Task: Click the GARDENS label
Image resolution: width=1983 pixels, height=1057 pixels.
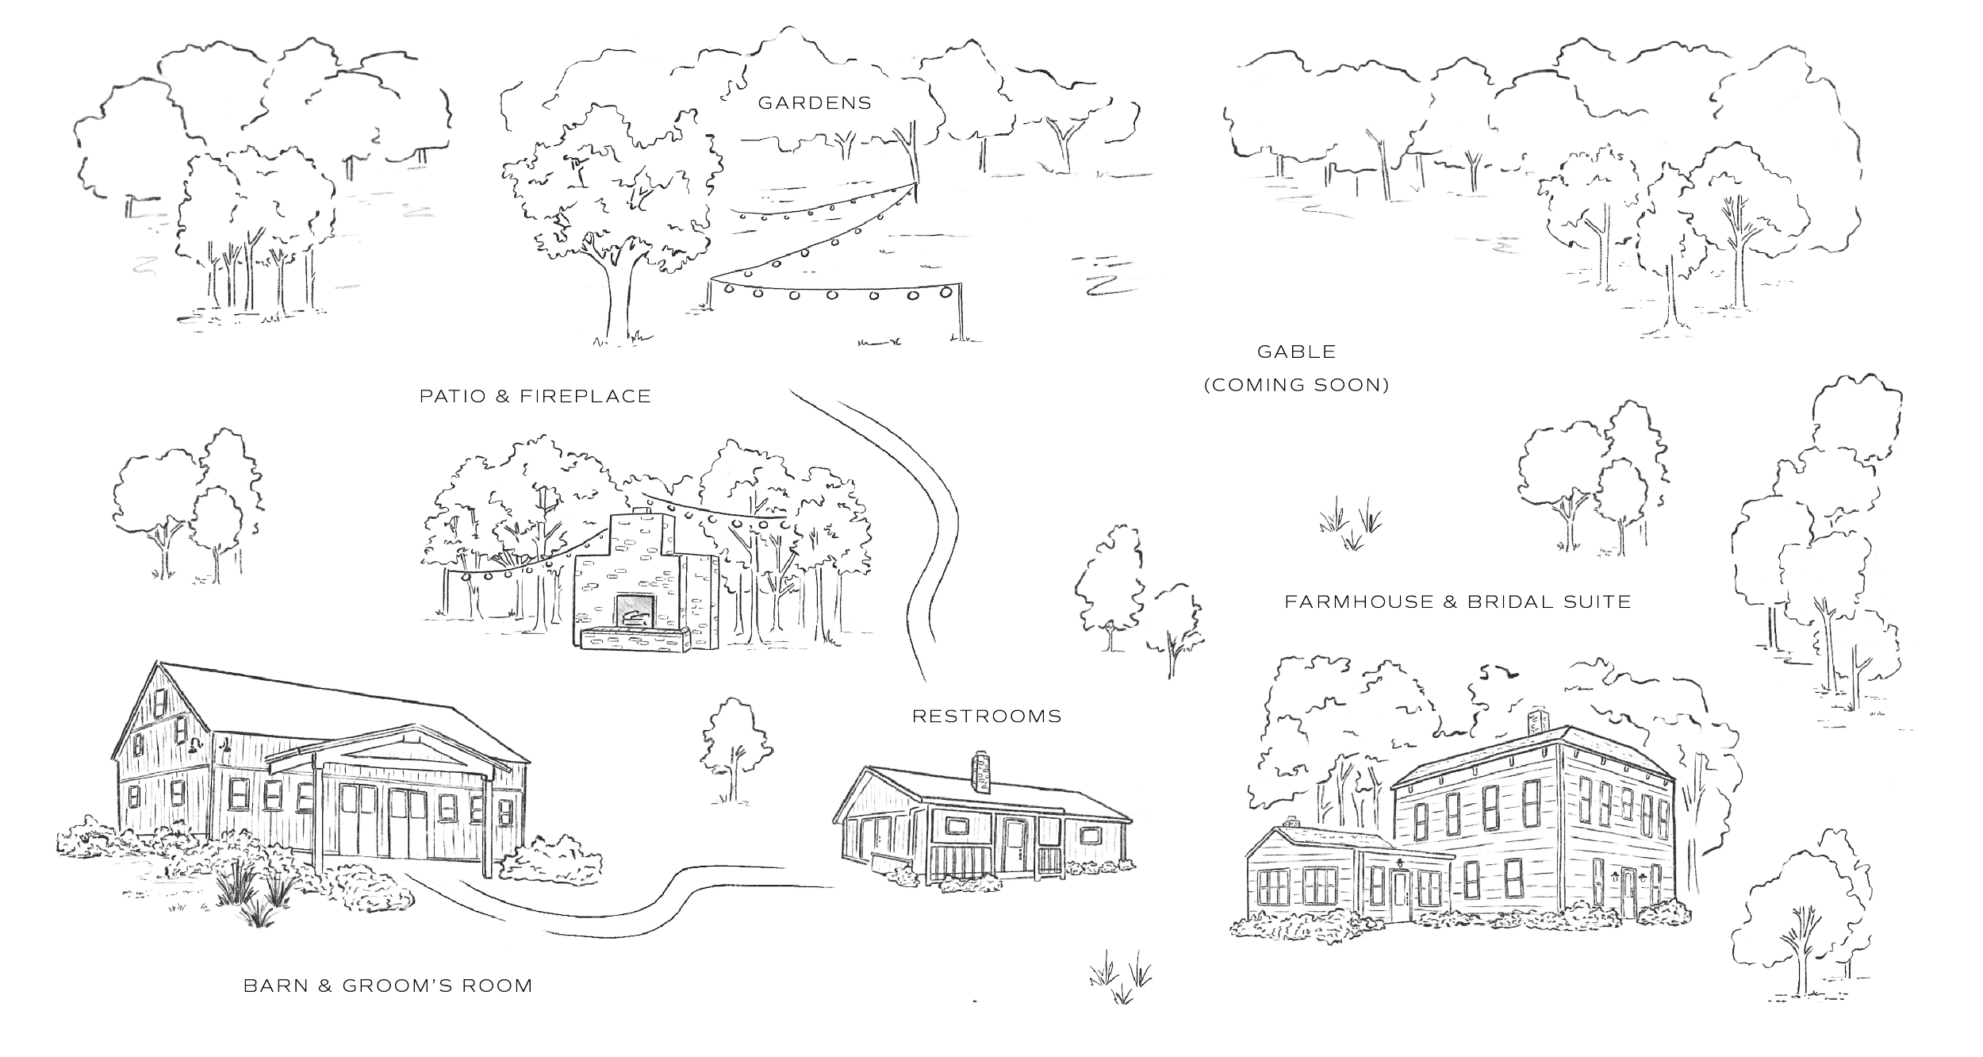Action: (815, 102)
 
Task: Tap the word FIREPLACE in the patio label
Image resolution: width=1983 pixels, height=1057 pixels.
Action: (585, 395)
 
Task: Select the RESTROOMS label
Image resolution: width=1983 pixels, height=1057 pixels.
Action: (986, 717)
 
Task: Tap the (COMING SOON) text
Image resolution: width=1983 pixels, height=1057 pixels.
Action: (1296, 386)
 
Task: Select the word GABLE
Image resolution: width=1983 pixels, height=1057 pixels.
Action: (1297, 351)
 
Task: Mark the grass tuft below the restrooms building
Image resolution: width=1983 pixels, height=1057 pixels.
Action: (1120, 976)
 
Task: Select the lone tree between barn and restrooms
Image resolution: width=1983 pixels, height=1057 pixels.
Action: (735, 746)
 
